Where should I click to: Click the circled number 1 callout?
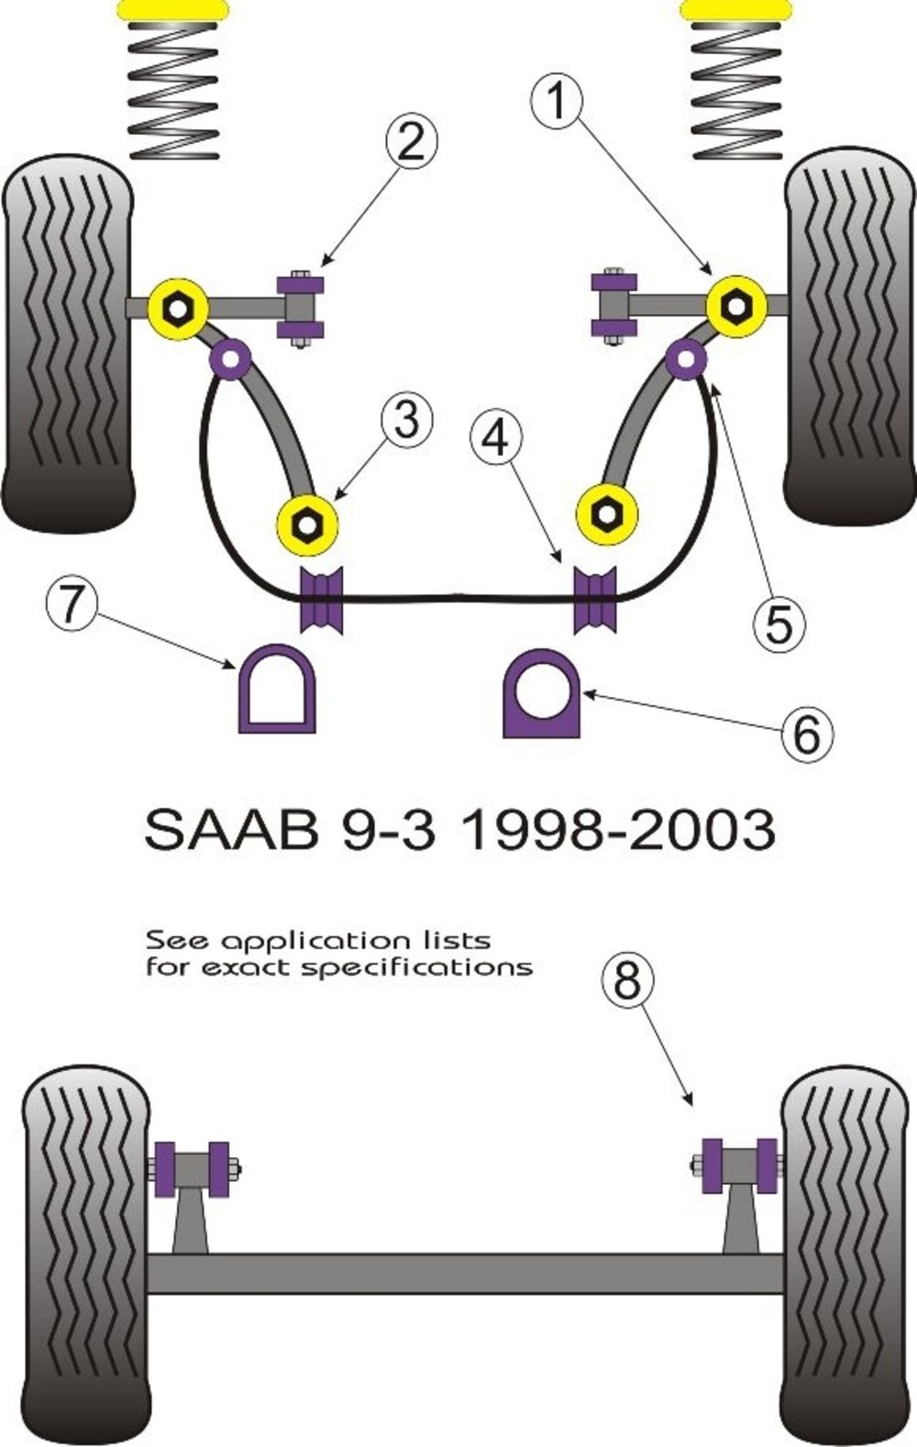[557, 100]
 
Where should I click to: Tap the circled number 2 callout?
[412, 142]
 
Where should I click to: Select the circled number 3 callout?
[407, 420]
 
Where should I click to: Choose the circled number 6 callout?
[807, 734]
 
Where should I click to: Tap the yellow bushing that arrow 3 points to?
[308, 525]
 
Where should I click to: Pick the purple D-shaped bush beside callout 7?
[277, 689]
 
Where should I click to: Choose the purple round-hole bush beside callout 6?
[541, 693]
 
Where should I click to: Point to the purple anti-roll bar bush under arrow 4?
[595, 600]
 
